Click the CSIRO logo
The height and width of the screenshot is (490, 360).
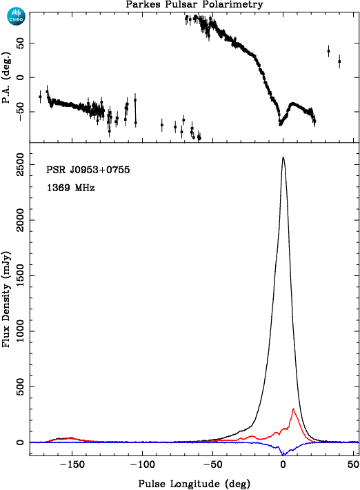[16, 17]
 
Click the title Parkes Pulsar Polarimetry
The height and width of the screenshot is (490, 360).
[194, 4]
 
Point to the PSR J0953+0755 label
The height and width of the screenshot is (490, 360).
[88, 170]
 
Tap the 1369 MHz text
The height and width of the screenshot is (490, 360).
[70, 188]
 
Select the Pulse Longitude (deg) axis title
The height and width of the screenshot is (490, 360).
[194, 483]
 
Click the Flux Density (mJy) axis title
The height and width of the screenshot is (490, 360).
[6, 299]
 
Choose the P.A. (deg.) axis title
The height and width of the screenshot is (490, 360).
[6, 78]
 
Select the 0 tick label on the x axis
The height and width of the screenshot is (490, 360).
[283, 464]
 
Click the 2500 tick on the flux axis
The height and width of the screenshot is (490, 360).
[20, 164]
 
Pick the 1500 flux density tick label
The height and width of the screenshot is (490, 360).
[20, 275]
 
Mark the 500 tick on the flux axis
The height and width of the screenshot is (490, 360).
[20, 386]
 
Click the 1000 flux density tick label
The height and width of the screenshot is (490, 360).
[20, 331]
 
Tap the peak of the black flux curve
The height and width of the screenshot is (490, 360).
[283, 157]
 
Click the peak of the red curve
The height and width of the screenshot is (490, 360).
[293, 409]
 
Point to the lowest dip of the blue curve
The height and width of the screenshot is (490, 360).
[284, 454]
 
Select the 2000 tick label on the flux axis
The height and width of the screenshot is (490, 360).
[20, 220]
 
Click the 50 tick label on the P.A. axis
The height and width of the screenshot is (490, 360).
[20, 43]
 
